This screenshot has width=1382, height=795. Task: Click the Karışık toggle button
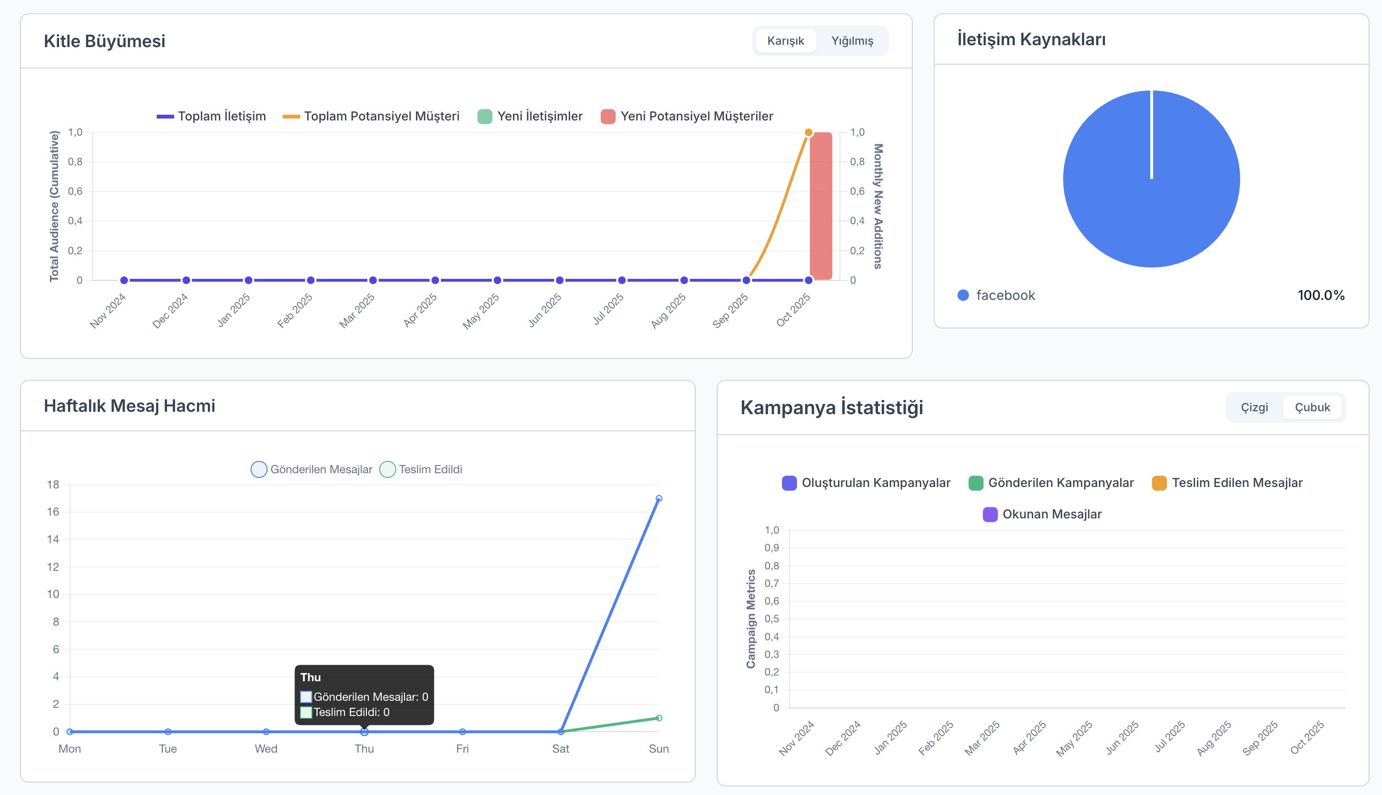pyautogui.click(x=785, y=41)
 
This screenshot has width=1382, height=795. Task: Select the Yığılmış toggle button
pyautogui.click(x=852, y=41)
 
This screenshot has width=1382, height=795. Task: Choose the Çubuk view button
pyautogui.click(x=1312, y=407)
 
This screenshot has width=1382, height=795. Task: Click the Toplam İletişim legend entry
pyautogui.click(x=212, y=116)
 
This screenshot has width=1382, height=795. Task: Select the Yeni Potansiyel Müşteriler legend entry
pyautogui.click(x=687, y=116)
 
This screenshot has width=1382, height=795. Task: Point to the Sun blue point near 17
pyautogui.click(x=659, y=498)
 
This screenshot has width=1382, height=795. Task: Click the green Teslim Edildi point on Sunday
pyautogui.click(x=659, y=718)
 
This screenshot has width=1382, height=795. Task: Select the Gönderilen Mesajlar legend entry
pyautogui.click(x=312, y=469)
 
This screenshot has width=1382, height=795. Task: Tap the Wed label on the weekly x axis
pyautogui.click(x=266, y=749)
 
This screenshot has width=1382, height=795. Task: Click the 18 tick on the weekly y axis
pyautogui.click(x=53, y=484)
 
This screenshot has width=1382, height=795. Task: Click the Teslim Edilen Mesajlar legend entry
pyautogui.click(x=1227, y=483)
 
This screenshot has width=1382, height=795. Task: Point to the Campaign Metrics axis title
pyautogui.click(x=751, y=619)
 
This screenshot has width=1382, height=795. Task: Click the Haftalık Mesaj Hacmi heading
pyautogui.click(x=129, y=406)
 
